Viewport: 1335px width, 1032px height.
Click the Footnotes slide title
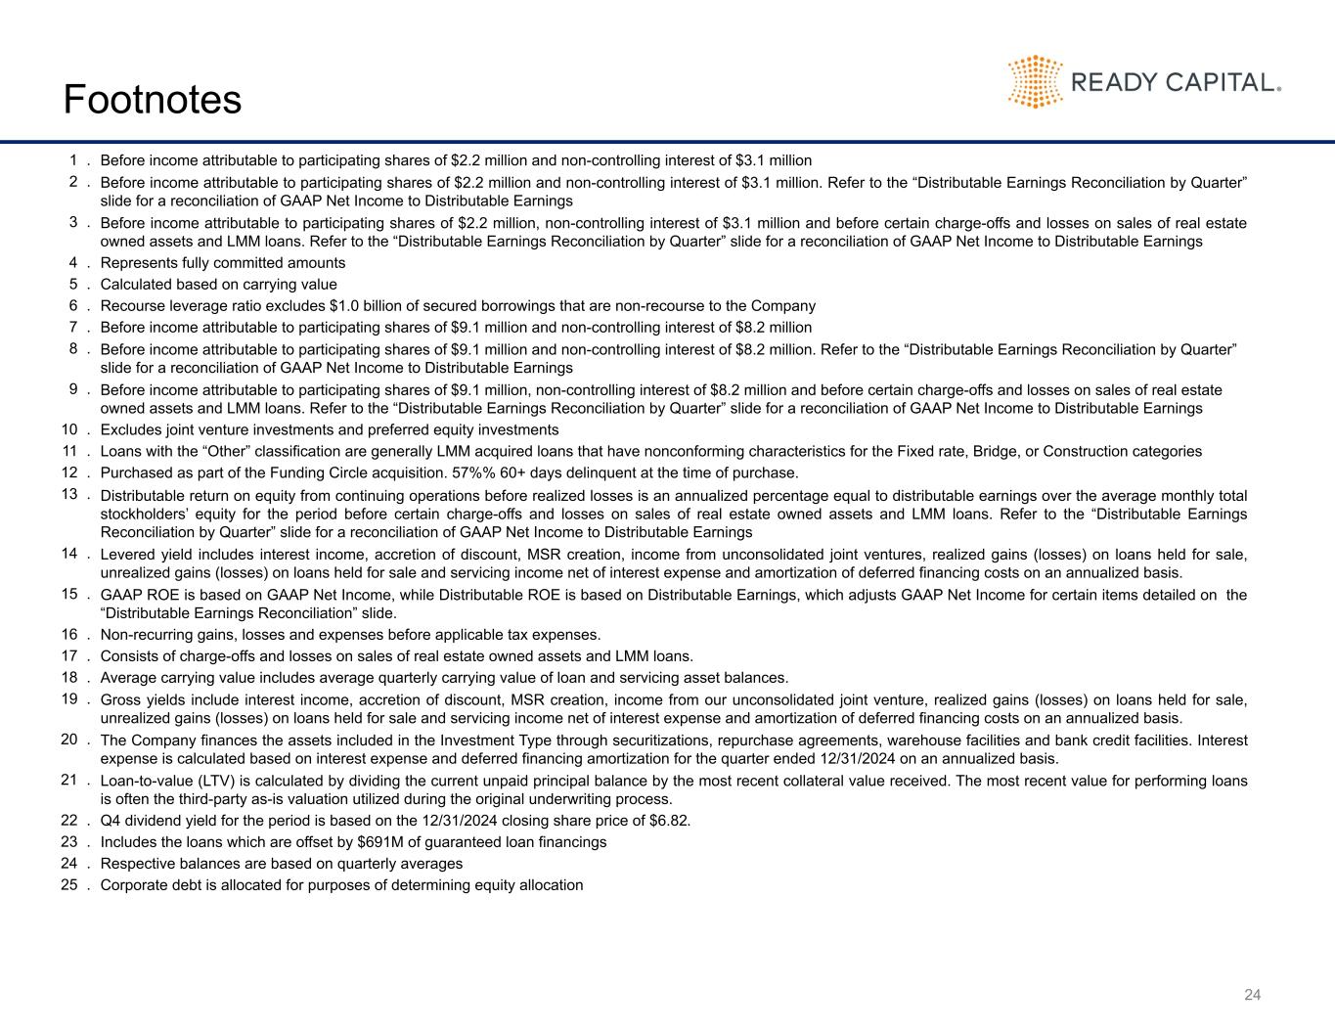[152, 100]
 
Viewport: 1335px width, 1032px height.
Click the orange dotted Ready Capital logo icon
[1035, 81]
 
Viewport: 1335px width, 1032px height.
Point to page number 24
[1252, 995]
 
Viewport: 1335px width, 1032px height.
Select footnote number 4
[73, 263]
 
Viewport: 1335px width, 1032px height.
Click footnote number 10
[69, 429]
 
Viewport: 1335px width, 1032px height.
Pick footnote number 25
[69, 885]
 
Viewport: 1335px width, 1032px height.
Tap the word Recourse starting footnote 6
[131, 306]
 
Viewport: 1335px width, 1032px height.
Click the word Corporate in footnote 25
[133, 885]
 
